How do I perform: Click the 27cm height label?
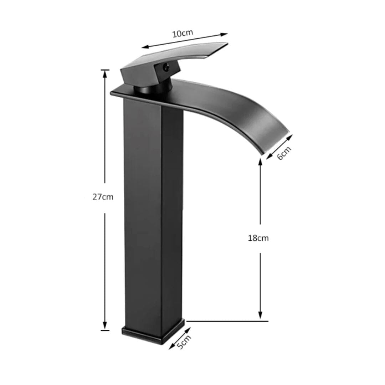point(103,197)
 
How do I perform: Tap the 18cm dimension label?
point(258,238)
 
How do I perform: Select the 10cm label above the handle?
point(183,34)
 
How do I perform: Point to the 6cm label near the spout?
point(284,153)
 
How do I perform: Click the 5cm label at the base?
point(185,342)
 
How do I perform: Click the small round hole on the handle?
point(165,67)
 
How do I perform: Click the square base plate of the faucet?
point(153,333)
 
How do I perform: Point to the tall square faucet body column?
point(153,214)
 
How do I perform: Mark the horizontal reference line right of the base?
point(228,321)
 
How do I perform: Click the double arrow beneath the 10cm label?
point(184,41)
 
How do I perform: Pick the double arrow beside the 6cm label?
point(279,146)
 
